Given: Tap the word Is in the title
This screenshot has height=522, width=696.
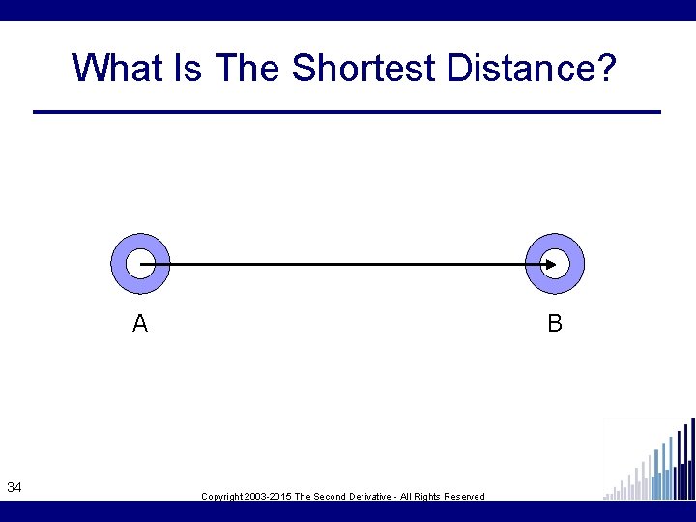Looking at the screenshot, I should (192, 69).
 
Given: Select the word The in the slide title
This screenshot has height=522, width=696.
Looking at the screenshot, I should (249, 69).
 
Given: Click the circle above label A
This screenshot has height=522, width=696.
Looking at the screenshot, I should (140, 263).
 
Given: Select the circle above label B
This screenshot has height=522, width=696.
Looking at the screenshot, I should (554, 263).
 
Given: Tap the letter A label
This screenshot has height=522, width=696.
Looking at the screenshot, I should (140, 324).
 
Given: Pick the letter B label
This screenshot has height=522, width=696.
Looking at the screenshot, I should (555, 324).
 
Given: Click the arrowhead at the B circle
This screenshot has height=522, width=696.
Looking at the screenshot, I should (549, 263).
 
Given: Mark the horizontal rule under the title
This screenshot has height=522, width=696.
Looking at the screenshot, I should (347, 112).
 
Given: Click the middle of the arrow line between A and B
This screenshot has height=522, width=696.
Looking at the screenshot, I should (347, 263).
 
